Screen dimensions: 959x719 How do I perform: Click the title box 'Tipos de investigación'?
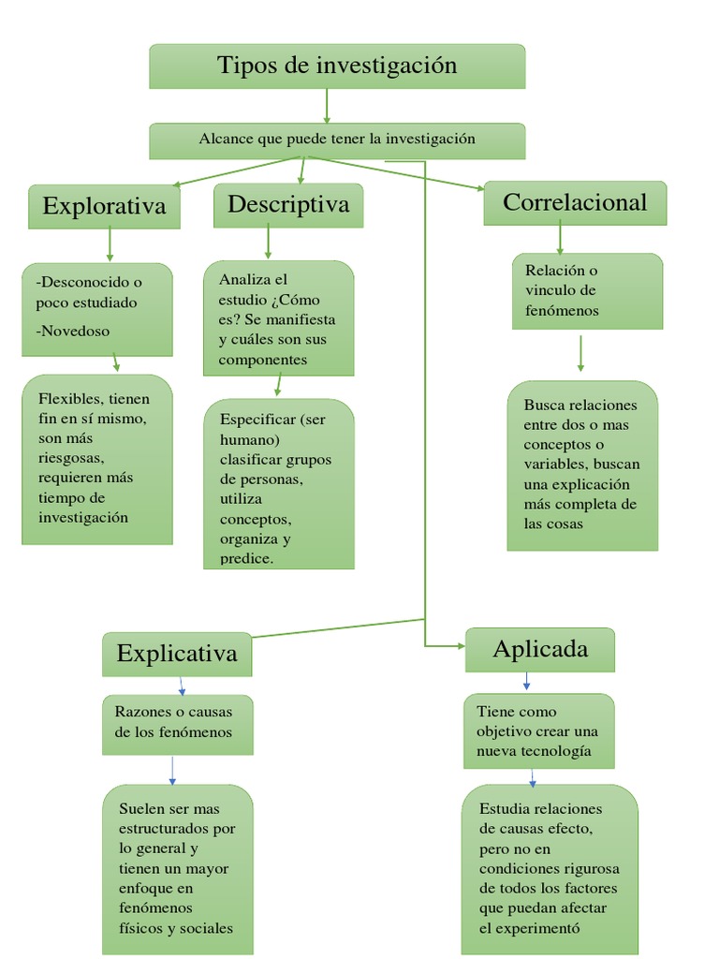(337, 66)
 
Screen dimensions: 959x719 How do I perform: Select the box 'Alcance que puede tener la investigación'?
(337, 140)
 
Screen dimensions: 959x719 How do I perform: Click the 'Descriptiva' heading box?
(288, 204)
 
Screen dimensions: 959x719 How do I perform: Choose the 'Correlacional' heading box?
(575, 202)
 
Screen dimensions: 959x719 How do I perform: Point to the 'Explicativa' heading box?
(177, 653)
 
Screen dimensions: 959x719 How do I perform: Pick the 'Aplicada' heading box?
(540, 649)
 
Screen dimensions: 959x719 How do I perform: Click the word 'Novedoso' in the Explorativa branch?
(73, 331)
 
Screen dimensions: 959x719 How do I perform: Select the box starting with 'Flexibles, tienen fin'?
(97, 459)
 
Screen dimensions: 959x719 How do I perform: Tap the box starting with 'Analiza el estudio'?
(278, 318)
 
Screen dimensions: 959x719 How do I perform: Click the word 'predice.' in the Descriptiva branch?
(247, 558)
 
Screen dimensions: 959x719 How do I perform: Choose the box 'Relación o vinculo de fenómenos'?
(587, 290)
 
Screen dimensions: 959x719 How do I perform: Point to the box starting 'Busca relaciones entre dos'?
(582, 465)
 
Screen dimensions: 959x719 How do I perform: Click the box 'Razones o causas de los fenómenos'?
(177, 724)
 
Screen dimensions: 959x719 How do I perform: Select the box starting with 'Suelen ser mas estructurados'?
(177, 867)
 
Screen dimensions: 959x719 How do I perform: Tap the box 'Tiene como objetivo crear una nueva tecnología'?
(539, 730)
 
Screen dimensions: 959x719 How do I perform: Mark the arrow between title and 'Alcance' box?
(327, 106)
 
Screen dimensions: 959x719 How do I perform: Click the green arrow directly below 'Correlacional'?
(560, 237)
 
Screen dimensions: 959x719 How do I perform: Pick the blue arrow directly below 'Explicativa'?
(182, 686)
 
